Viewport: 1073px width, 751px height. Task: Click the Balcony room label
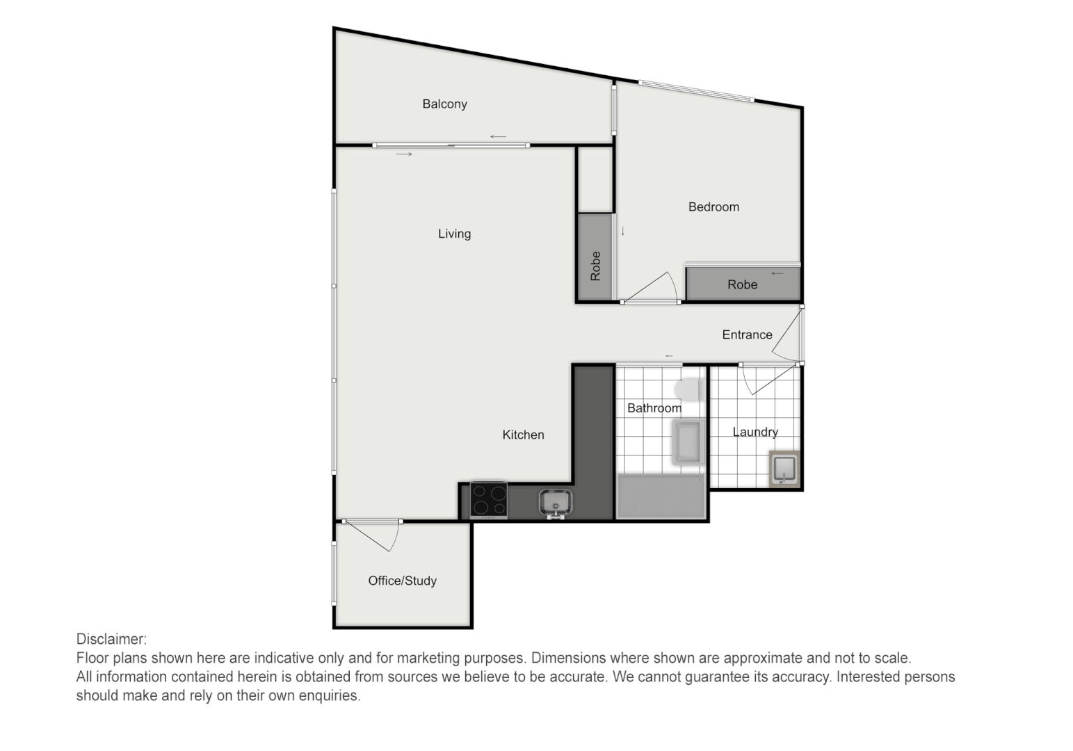pyautogui.click(x=444, y=104)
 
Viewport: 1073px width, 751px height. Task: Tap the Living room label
pyautogui.click(x=454, y=234)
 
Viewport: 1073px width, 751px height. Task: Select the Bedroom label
pyautogui.click(x=713, y=207)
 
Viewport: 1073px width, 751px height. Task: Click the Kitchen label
pyautogui.click(x=523, y=435)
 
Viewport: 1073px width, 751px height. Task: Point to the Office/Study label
pyautogui.click(x=402, y=581)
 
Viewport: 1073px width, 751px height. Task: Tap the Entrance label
pyautogui.click(x=747, y=335)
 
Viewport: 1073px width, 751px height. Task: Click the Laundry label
pyautogui.click(x=755, y=433)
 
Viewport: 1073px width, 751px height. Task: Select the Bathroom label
pyautogui.click(x=654, y=408)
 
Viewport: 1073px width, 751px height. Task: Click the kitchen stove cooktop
pyautogui.click(x=489, y=499)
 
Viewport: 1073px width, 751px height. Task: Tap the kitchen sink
pyautogui.click(x=555, y=502)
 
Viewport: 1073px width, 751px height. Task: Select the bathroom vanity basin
pyautogui.click(x=688, y=442)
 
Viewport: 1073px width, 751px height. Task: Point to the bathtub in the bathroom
pyautogui.click(x=661, y=496)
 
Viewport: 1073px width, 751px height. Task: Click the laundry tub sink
pyautogui.click(x=784, y=469)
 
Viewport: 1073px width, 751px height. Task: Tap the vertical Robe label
pyautogui.click(x=595, y=266)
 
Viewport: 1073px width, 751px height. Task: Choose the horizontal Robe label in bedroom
pyautogui.click(x=742, y=285)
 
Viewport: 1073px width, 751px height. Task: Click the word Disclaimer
pyautogui.click(x=111, y=639)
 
